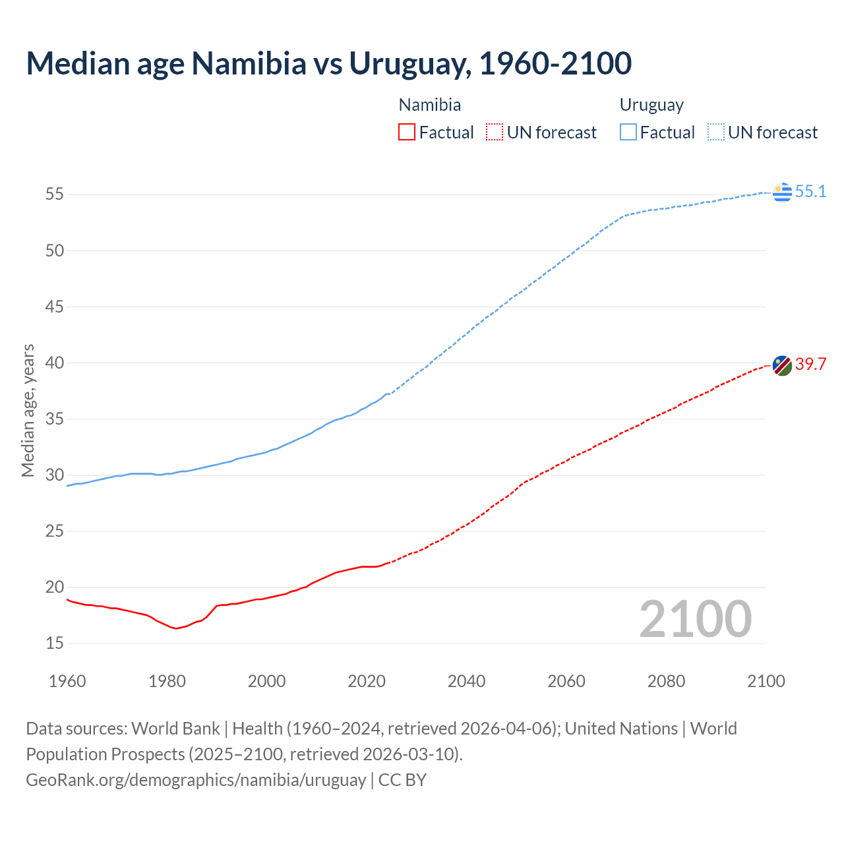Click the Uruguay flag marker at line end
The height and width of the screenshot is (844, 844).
click(782, 192)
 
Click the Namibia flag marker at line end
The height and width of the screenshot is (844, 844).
click(782, 366)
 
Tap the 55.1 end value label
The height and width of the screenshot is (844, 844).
click(810, 192)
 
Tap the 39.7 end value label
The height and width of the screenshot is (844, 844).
click(810, 364)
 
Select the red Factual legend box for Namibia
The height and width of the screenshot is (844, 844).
click(407, 133)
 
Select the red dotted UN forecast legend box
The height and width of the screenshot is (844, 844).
click(495, 133)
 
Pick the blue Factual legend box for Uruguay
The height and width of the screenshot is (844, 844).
click(628, 133)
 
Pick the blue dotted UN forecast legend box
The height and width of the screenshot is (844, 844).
click(716, 133)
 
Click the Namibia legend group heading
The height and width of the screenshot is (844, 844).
click(430, 105)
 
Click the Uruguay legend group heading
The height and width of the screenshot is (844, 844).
click(651, 105)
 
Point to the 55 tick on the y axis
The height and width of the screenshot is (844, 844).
click(55, 195)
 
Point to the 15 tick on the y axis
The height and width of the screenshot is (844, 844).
click(55, 644)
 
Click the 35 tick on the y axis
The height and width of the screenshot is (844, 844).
click(55, 419)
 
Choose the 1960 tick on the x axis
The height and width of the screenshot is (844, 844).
click(67, 681)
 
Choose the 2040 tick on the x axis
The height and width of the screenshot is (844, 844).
click(466, 681)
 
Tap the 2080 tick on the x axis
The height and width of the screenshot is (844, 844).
click(666, 681)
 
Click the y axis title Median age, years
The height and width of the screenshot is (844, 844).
click(28, 410)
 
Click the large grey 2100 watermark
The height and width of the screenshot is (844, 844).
click(696, 619)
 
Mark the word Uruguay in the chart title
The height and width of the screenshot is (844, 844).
click(409, 63)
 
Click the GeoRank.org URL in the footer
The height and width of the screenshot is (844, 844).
click(196, 780)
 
